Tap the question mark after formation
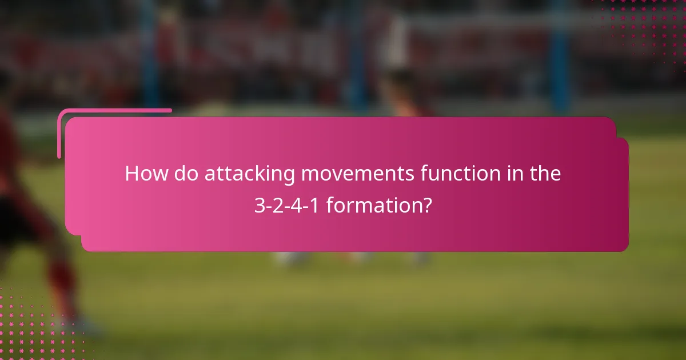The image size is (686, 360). (x=427, y=205)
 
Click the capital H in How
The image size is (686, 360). (x=131, y=174)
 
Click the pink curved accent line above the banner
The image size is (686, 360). (x=114, y=111)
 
